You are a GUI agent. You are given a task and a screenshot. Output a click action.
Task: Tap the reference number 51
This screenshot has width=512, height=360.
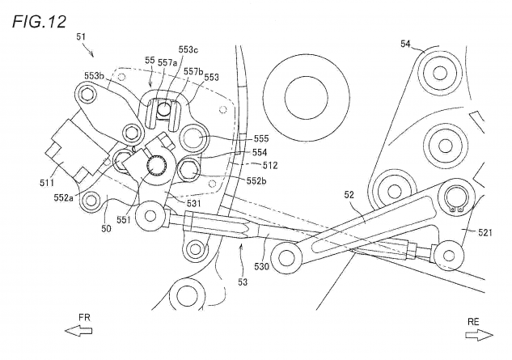pyautogui.click(x=82, y=36)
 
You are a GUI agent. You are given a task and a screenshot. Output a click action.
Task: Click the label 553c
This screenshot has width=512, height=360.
pyautogui.click(x=188, y=49)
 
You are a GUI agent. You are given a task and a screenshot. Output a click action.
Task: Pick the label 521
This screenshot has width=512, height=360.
pyautogui.click(x=484, y=232)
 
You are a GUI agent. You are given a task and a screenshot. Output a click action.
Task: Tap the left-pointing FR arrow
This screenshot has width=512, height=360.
pyautogui.click(x=78, y=331)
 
